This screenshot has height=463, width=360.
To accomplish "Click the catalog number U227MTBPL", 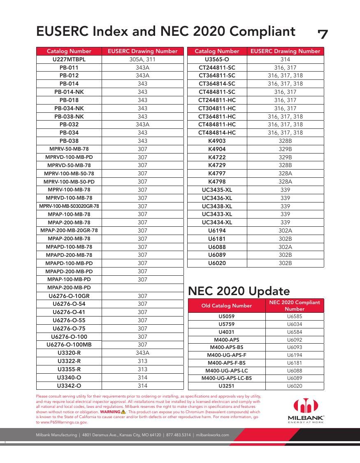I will pos(69,59).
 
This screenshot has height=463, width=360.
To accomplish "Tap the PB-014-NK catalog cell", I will pos(69,92).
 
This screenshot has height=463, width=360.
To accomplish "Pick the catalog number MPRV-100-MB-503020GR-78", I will pos(69,206).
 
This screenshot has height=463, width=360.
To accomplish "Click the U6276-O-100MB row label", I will pos(69,344).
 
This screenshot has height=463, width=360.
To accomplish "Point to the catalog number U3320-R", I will pos(69,353).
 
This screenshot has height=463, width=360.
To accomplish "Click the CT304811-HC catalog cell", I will pos(217,108).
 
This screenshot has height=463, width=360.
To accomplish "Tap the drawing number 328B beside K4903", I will pos(285,141).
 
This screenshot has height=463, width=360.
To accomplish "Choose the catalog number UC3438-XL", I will pos(217,206).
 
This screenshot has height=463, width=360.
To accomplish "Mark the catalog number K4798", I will pos(217,181).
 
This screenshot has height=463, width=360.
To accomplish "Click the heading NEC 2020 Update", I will pos(239,291).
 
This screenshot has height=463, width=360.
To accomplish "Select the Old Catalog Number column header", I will pos(227,305).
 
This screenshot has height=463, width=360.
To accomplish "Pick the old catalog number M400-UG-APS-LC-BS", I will pos(227,378).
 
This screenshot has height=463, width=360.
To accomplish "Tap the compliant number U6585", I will pos(295,316).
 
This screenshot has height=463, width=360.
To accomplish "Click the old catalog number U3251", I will pos(227,386).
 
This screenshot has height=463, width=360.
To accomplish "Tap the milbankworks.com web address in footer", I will pos(212,435).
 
